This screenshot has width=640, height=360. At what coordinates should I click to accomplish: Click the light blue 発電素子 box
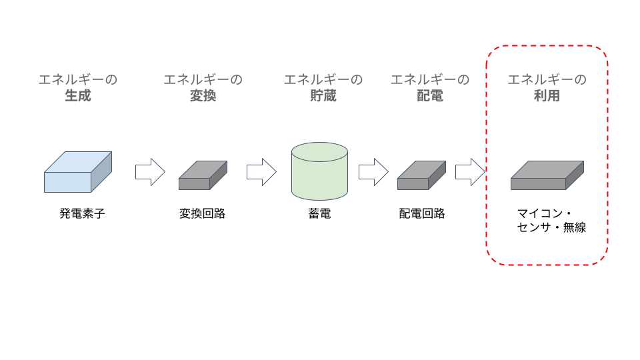(77, 172)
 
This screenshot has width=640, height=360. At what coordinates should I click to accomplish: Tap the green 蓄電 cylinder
(319, 171)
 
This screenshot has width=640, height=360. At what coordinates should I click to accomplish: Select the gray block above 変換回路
(203, 175)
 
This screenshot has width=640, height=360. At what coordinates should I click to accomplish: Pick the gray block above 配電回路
(421, 175)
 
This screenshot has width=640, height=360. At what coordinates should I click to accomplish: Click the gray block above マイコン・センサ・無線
(547, 175)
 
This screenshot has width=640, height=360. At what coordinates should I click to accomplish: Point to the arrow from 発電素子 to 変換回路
(150, 172)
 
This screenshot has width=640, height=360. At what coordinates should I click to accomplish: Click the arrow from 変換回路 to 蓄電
(261, 172)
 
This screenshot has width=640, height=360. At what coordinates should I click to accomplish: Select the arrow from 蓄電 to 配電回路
(373, 172)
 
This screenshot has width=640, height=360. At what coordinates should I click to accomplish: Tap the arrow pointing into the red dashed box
(470, 172)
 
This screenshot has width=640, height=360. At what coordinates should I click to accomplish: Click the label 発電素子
(82, 213)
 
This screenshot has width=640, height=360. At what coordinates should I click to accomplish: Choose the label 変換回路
(203, 213)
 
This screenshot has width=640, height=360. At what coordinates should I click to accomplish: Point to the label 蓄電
(319, 213)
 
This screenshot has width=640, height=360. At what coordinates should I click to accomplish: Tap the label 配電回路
(422, 213)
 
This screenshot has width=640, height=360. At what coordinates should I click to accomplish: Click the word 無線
(575, 227)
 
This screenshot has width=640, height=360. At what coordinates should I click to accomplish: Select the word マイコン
(540, 213)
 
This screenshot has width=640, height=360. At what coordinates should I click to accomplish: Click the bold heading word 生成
(78, 96)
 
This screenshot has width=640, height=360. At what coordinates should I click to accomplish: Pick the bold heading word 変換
(203, 96)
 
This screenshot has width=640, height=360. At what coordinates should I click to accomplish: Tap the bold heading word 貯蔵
(323, 96)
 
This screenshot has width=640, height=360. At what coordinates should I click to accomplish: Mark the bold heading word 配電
(430, 96)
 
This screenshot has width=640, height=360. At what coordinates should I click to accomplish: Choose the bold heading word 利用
(547, 96)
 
